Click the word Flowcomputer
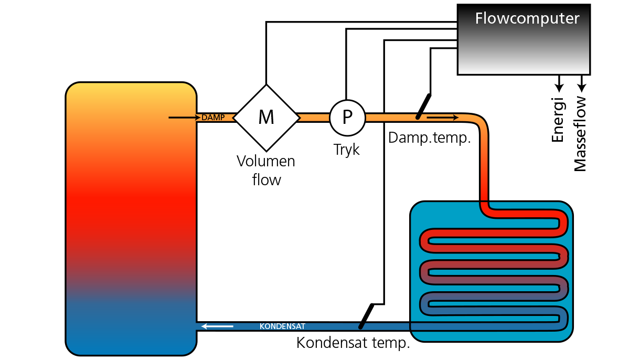(x=527, y=19)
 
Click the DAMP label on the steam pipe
(x=212, y=118)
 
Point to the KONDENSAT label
(x=282, y=326)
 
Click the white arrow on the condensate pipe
(x=217, y=326)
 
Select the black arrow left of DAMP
(x=184, y=118)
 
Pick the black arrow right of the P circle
(x=443, y=117)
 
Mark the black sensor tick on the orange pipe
(x=419, y=116)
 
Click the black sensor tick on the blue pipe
(x=361, y=325)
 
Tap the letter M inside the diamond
(x=266, y=118)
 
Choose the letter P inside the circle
(x=347, y=118)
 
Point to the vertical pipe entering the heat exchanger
(x=484, y=168)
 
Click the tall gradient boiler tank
(x=131, y=220)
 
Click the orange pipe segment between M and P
(x=314, y=118)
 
